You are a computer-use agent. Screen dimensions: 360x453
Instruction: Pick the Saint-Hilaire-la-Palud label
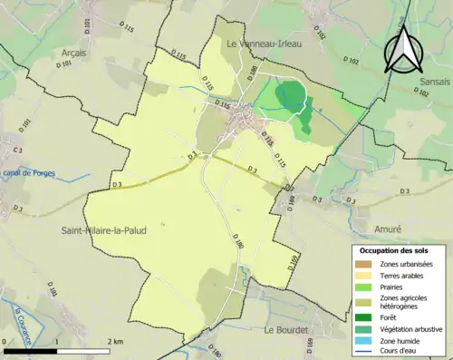(104, 231)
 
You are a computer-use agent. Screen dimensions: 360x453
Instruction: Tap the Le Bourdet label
(285, 331)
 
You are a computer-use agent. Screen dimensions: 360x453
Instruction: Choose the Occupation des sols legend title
(394, 249)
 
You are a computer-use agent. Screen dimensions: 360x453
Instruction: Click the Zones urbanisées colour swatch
(363, 263)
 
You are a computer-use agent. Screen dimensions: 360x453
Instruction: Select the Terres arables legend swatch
(363, 275)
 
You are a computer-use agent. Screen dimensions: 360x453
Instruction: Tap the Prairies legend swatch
(363, 287)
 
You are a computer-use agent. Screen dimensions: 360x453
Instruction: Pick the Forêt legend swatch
(363, 316)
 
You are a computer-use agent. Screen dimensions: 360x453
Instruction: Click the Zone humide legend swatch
(363, 340)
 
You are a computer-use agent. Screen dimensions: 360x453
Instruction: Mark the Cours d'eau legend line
(363, 351)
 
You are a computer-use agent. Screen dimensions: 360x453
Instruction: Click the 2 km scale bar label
(115, 341)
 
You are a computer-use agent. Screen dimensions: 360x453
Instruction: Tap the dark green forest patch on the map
(292, 95)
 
